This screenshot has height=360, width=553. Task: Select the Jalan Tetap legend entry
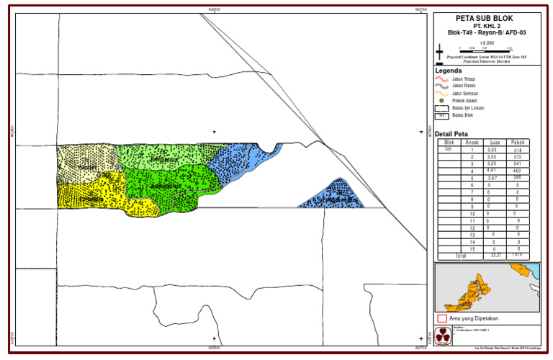pos(463,78)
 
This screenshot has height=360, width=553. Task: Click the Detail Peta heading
pos(451,134)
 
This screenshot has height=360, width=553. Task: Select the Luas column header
pos(495,143)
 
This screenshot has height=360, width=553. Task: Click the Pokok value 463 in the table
pos(517,171)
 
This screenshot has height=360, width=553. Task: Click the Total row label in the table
pos(461,256)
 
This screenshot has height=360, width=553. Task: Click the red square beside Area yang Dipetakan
pos(441,318)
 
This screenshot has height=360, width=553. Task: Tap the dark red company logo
pos(444,336)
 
